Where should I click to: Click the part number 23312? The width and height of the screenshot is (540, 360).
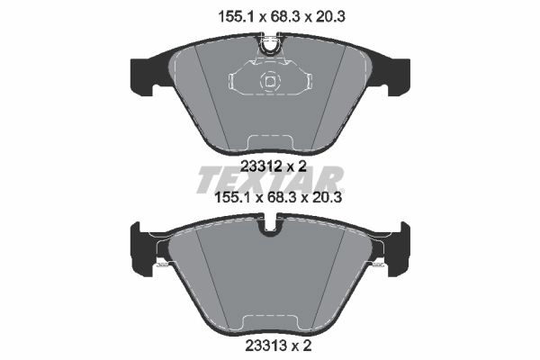(261, 166)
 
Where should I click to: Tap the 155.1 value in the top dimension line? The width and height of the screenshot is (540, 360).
(237, 16)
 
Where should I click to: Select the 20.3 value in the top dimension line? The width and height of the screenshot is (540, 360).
(328, 16)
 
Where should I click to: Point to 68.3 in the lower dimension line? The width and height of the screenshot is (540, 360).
(282, 198)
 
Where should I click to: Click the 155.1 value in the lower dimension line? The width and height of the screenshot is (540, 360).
(233, 198)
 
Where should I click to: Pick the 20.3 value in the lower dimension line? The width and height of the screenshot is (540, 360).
(325, 198)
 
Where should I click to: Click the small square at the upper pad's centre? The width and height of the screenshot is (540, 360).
(270, 82)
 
